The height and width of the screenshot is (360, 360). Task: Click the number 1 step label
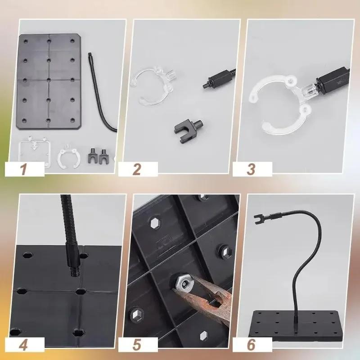pos(25,170)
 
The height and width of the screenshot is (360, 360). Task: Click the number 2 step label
pos(137,170)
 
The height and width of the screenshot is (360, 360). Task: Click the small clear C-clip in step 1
pos(68,155)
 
